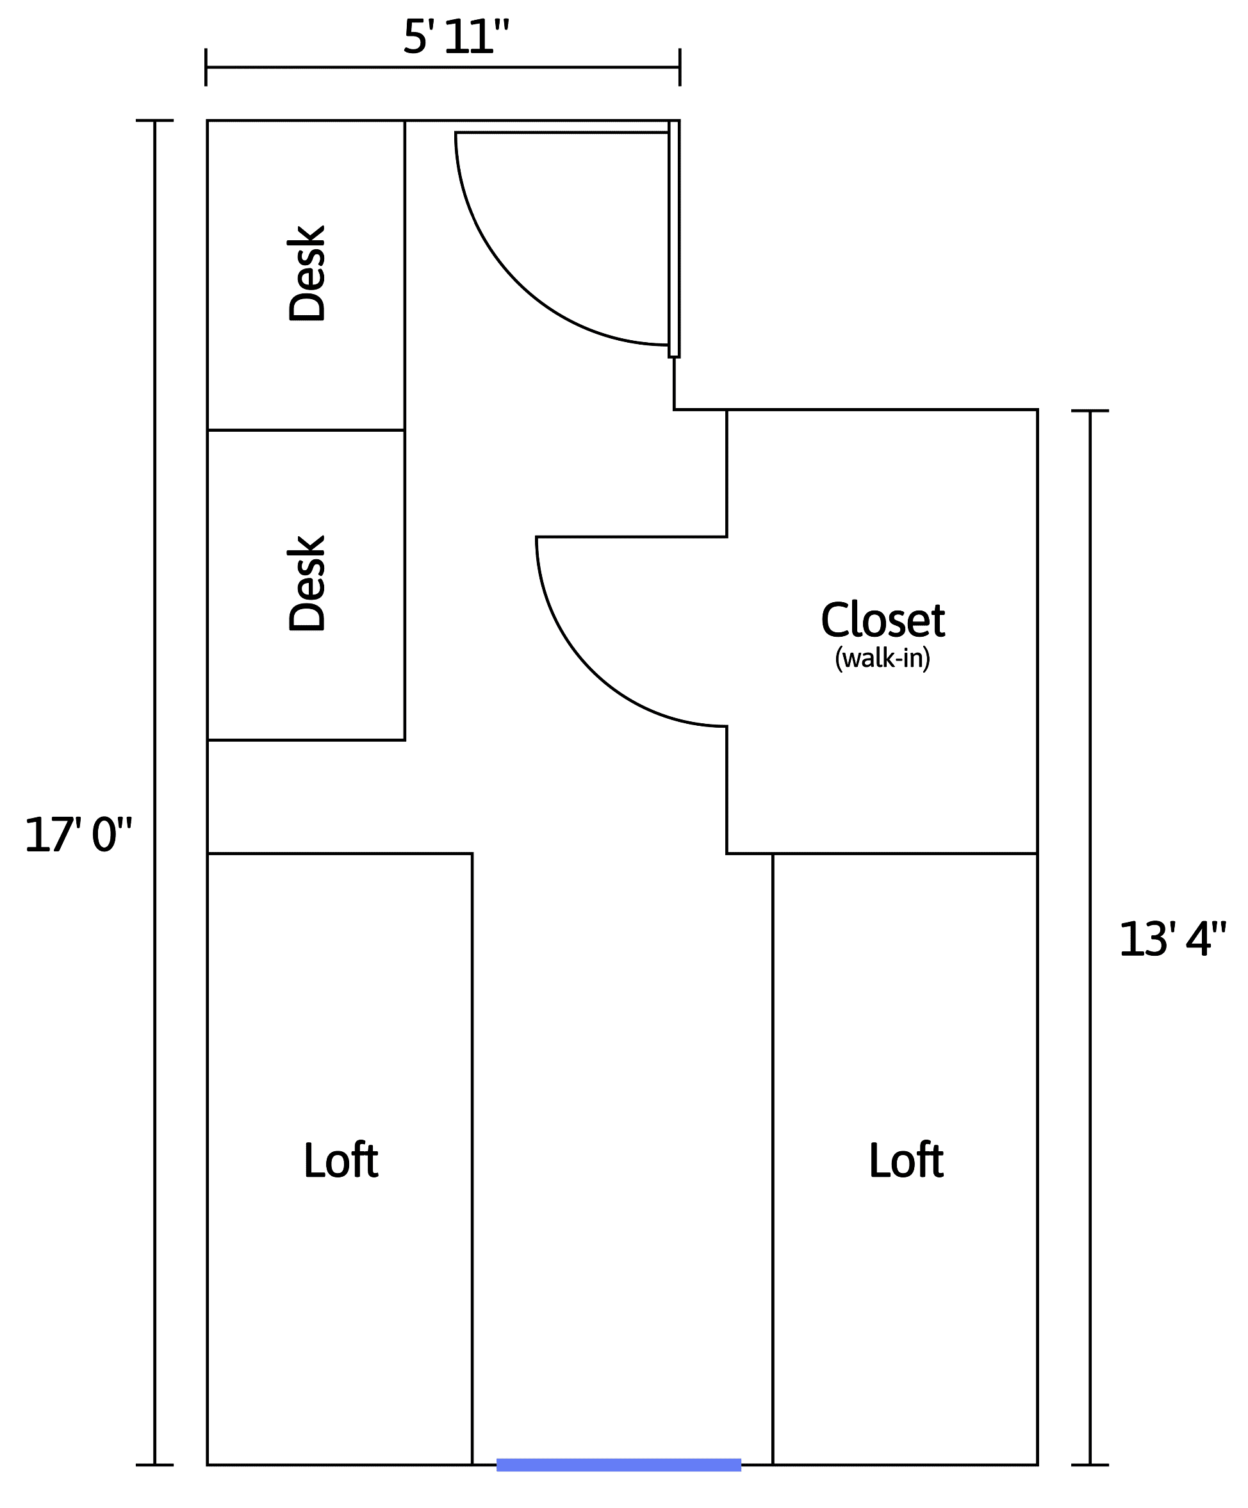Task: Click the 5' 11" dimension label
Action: click(456, 37)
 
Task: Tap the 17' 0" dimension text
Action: click(78, 835)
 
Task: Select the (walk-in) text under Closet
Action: click(882, 658)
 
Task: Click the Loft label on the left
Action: click(340, 1160)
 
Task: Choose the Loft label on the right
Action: click(905, 1160)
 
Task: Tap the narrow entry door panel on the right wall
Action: click(673, 238)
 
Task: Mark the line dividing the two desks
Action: click(306, 430)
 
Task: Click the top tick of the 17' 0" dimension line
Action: click(154, 120)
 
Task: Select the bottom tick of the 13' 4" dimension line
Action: click(1090, 1465)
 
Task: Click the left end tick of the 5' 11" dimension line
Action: click(206, 67)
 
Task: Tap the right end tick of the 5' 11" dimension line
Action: click(680, 67)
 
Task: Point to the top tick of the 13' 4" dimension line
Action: click(1090, 411)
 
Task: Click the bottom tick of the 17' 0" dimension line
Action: click(154, 1465)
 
